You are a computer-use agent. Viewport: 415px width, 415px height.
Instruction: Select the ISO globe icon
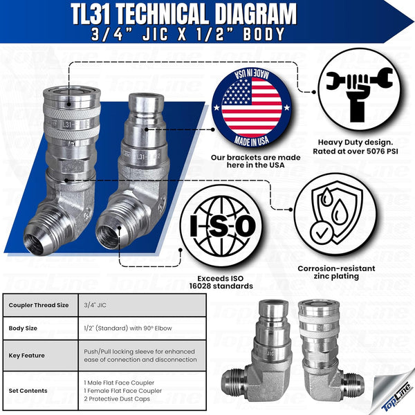218,225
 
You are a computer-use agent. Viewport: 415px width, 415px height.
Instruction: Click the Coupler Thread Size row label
40,305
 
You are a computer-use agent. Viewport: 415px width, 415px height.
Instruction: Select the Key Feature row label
27,355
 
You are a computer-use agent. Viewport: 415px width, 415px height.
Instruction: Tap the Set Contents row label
28,390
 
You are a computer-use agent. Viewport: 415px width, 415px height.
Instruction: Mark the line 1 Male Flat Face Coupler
119,382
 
